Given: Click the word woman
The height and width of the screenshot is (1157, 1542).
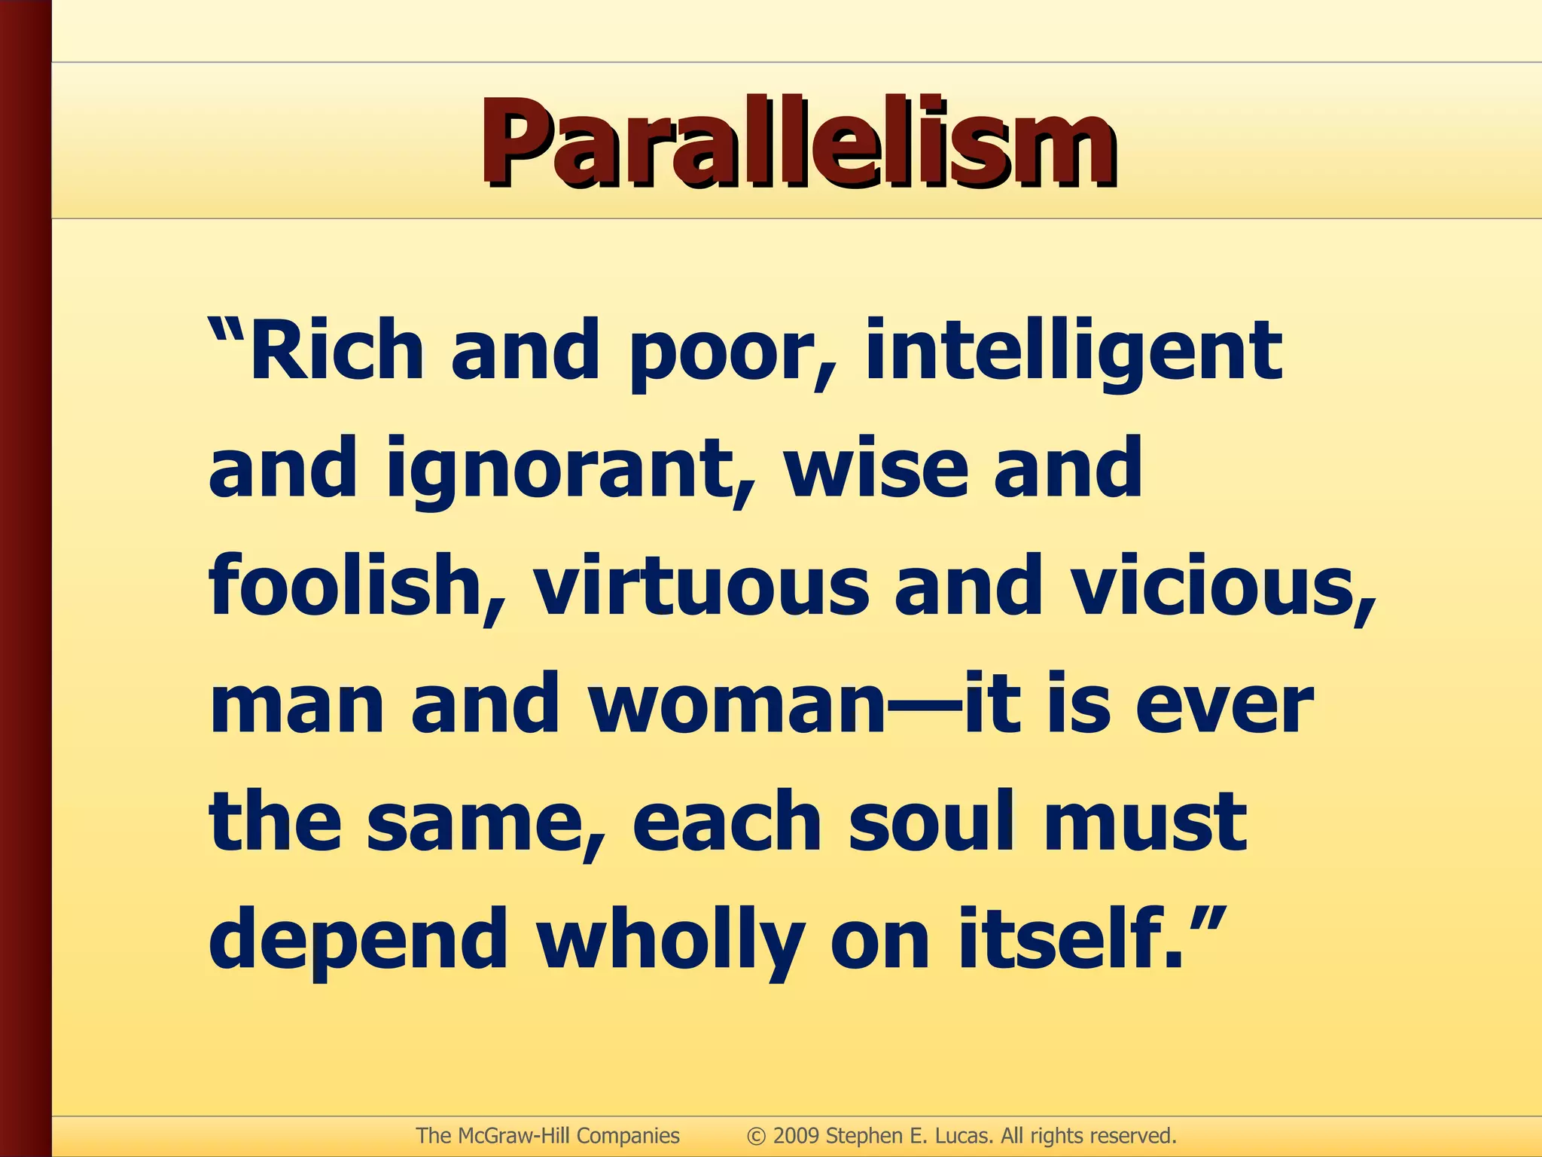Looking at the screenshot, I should tap(738, 705).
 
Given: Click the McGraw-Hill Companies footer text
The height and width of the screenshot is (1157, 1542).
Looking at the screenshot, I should tap(547, 1135).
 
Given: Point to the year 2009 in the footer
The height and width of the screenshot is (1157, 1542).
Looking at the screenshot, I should tap(796, 1135).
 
